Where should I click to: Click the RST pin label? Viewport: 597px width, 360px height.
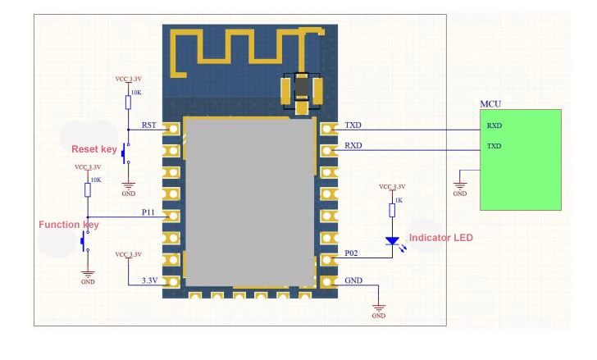(x=149, y=125)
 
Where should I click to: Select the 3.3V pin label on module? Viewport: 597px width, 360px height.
(x=148, y=280)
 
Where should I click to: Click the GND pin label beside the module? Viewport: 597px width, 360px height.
(x=354, y=280)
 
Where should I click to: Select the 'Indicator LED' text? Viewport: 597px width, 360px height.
(x=440, y=238)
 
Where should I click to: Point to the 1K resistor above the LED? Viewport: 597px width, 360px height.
(x=391, y=210)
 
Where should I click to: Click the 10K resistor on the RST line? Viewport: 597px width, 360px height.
(x=128, y=102)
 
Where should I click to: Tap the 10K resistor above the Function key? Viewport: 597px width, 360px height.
(x=88, y=189)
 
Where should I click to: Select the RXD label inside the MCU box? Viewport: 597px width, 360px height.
(x=494, y=126)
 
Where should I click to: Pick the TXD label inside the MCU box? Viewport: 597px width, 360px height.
(x=494, y=146)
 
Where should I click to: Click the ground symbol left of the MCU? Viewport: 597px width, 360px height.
(x=460, y=185)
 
